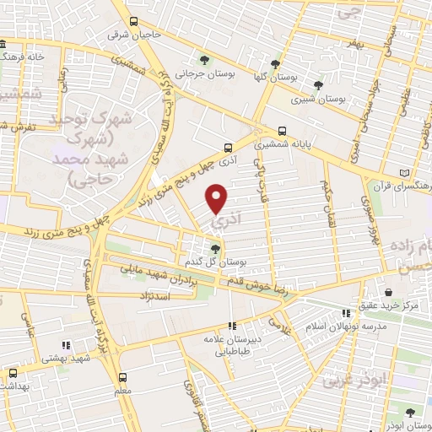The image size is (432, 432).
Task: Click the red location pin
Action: (218, 198)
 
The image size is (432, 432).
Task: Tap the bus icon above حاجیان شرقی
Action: (132, 24)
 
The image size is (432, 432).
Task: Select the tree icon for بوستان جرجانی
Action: (205, 59)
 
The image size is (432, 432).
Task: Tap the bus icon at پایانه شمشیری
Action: (281, 132)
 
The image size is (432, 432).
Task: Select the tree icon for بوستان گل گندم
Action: (216, 248)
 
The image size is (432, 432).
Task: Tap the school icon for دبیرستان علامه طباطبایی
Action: (231, 326)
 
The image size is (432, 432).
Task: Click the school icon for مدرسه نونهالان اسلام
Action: (345, 313)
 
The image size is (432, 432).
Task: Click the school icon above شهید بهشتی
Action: (65, 344)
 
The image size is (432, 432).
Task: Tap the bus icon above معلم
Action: (124, 377)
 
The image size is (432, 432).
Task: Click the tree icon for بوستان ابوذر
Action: (410, 413)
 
